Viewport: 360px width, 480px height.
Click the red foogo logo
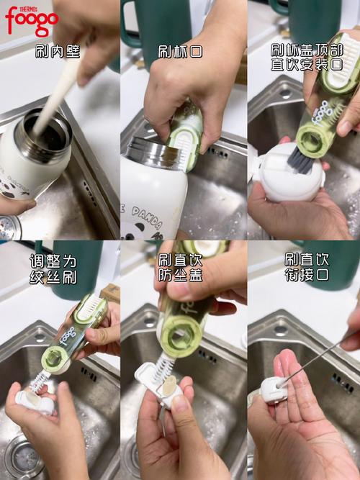click(x=32, y=21)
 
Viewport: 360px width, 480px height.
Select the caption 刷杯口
click(x=180, y=51)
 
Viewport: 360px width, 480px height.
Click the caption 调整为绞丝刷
click(x=53, y=269)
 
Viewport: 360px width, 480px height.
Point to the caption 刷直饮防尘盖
click(x=180, y=268)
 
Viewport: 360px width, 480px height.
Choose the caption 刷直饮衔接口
click(x=307, y=267)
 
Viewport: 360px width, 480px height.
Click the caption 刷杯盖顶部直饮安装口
click(x=307, y=58)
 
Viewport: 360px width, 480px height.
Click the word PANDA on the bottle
click(x=146, y=218)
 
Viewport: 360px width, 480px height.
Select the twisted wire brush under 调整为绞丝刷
click(x=39, y=381)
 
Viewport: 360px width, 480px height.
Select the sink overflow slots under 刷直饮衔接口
click(x=342, y=383)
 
